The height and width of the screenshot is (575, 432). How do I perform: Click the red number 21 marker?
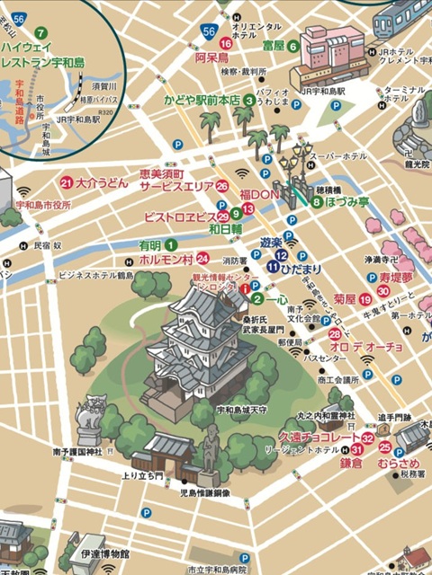point(66,182)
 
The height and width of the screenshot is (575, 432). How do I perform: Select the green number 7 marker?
point(40,32)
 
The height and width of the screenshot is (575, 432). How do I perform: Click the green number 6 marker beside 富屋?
point(292,46)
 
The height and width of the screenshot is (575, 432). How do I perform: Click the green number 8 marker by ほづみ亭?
point(317,203)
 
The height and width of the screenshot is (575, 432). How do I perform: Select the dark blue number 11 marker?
point(272,267)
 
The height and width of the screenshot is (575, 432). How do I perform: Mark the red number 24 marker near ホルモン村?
point(203,258)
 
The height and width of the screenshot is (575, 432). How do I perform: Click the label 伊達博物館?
point(105,555)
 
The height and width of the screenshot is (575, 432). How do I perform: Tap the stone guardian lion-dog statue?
point(92,416)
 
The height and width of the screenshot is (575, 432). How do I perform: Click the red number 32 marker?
point(367,437)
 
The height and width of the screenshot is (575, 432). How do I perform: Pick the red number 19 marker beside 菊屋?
point(364,298)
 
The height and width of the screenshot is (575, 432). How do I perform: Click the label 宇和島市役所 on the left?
point(56,205)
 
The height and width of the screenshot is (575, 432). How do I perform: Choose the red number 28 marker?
point(334,335)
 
